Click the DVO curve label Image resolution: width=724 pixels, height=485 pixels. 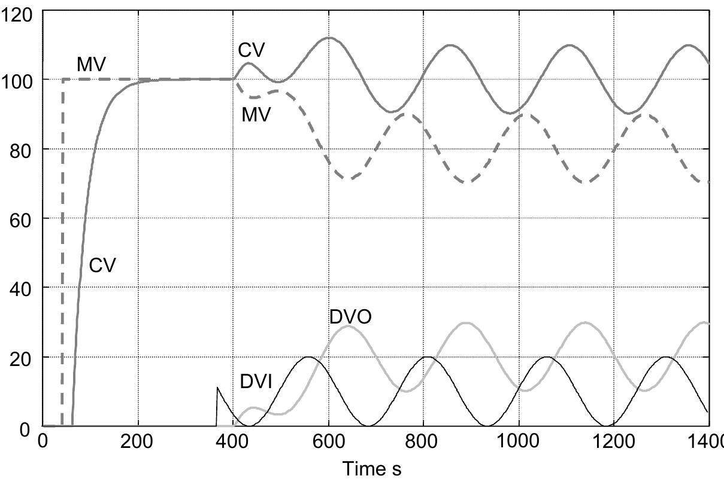[x=350, y=316]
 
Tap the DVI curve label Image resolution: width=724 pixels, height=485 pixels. [x=256, y=382]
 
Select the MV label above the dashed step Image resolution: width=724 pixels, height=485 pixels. [x=91, y=65]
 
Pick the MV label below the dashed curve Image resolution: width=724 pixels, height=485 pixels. [x=256, y=114]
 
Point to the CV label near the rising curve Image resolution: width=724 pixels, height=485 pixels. [x=102, y=265]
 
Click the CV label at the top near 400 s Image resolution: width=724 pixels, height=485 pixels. [x=252, y=50]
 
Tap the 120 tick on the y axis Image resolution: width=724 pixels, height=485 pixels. [x=18, y=14]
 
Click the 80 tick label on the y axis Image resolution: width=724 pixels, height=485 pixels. [x=22, y=149]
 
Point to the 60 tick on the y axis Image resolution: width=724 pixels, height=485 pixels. [x=22, y=218]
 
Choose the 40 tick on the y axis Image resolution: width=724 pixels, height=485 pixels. [x=22, y=288]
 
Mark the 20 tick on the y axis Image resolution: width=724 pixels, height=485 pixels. [x=22, y=357]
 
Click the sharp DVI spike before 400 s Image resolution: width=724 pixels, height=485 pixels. [x=217, y=388]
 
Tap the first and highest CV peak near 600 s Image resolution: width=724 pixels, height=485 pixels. [x=329, y=38]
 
